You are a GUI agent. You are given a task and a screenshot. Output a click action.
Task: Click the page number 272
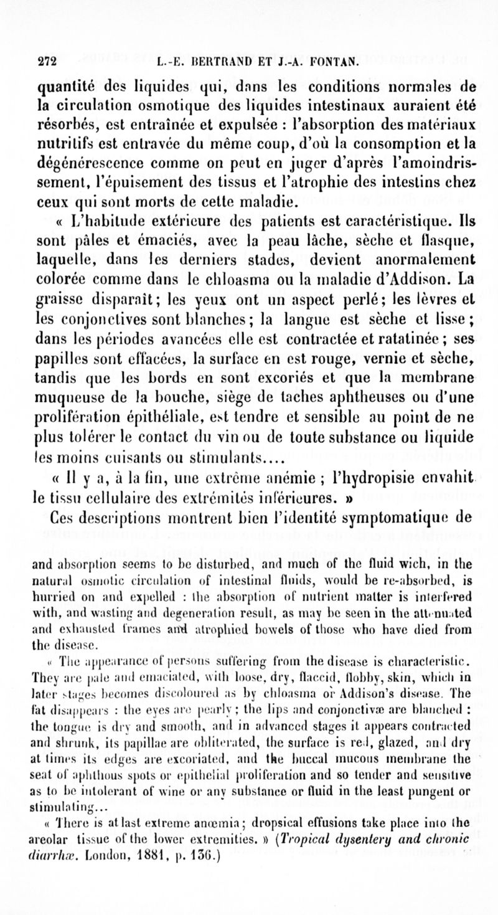47,62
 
